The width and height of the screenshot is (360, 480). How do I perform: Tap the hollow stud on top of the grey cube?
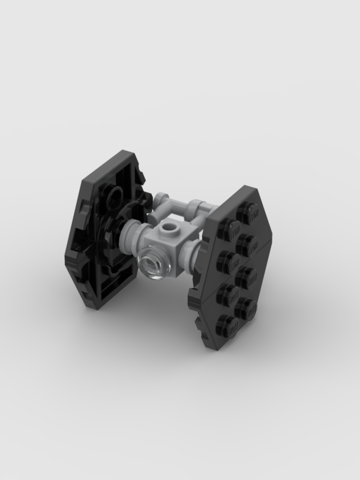172,230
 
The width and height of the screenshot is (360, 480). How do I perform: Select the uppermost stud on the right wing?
247,212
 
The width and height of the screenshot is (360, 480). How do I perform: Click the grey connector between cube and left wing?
133,231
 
